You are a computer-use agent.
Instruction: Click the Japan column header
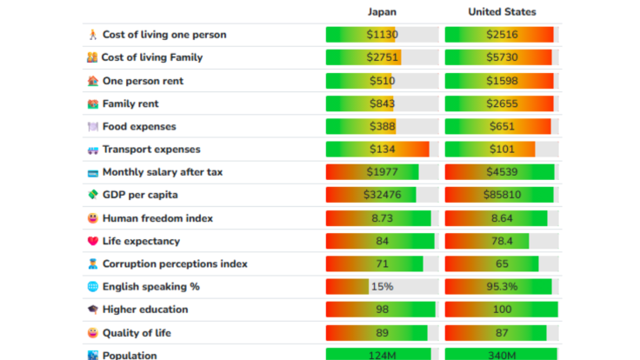pyautogui.click(x=382, y=12)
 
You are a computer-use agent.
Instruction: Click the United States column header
pyautogui.click(x=502, y=12)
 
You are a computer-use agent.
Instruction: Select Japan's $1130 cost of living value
pyautogui.click(x=382, y=35)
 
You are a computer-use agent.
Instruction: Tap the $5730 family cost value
pyautogui.click(x=501, y=57)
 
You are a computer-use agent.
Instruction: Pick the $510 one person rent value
pyautogui.click(x=382, y=81)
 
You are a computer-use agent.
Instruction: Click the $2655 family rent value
pyautogui.click(x=501, y=103)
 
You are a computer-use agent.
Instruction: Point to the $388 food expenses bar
pyautogui.click(x=382, y=126)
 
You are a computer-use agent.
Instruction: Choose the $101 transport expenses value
pyautogui.click(x=501, y=150)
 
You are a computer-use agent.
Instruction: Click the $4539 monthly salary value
pyautogui.click(x=501, y=172)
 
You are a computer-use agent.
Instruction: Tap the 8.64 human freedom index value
pyautogui.click(x=501, y=217)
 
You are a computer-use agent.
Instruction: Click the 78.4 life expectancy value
pyautogui.click(x=501, y=241)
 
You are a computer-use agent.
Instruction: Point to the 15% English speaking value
pyautogui.click(x=382, y=286)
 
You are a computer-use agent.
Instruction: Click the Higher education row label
pyautogui.click(x=144, y=310)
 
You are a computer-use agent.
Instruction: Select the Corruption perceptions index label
pyautogui.click(x=175, y=263)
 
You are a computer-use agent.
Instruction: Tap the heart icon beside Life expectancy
pyautogui.click(x=93, y=241)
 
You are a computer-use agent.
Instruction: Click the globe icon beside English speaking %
pyautogui.click(x=93, y=287)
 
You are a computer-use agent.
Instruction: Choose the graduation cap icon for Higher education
pyautogui.click(x=93, y=310)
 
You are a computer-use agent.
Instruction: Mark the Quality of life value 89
pyautogui.click(x=382, y=332)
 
